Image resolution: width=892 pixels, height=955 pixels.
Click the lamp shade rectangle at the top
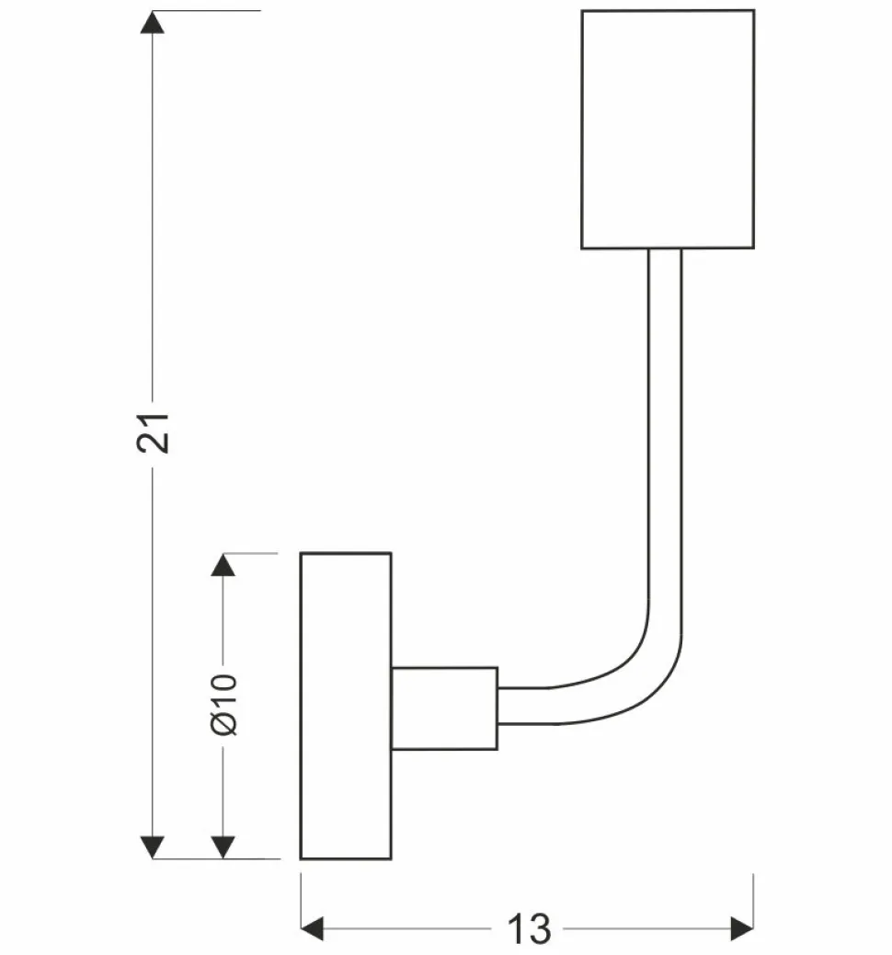coord(668,129)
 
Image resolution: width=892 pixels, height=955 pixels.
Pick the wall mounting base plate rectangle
coord(346,706)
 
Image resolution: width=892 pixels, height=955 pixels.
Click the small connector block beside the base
coord(444,708)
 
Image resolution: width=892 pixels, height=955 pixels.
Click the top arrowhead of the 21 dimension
coord(154,22)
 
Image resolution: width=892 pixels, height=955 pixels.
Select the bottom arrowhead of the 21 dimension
coord(154,847)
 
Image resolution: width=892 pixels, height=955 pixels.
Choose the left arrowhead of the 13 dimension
coord(314,928)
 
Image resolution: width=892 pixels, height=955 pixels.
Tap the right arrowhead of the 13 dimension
coord(741,928)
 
